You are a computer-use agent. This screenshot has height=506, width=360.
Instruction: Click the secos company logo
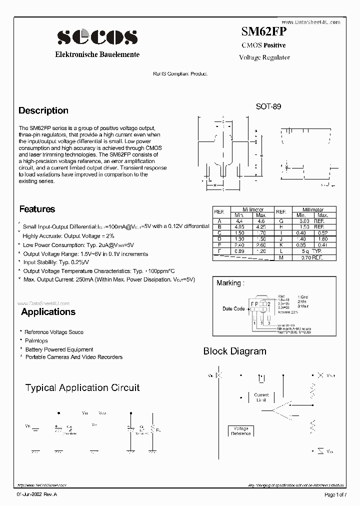pos(97,36)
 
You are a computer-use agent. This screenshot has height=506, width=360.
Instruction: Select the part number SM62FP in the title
pos(264,32)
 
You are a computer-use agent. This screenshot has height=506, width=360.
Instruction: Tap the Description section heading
pos(43,110)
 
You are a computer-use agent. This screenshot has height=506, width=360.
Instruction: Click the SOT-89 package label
pos(268,106)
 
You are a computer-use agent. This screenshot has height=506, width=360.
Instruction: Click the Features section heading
pos(37,209)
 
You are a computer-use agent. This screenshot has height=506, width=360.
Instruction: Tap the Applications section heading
pos(48,312)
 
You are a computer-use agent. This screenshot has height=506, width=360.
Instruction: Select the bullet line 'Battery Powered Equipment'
pos(58,349)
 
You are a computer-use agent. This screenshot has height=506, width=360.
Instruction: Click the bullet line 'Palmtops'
pos(36,340)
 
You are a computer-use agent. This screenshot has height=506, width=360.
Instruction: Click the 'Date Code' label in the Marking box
pos(233,308)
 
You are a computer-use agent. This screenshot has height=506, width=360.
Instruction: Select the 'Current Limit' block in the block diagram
pos(261,397)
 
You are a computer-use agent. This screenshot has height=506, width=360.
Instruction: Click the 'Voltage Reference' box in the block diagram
pos(241,431)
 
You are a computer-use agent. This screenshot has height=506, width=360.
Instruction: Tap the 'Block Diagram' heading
pos(234,351)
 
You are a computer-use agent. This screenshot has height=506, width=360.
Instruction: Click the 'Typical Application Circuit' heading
pos(82,387)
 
